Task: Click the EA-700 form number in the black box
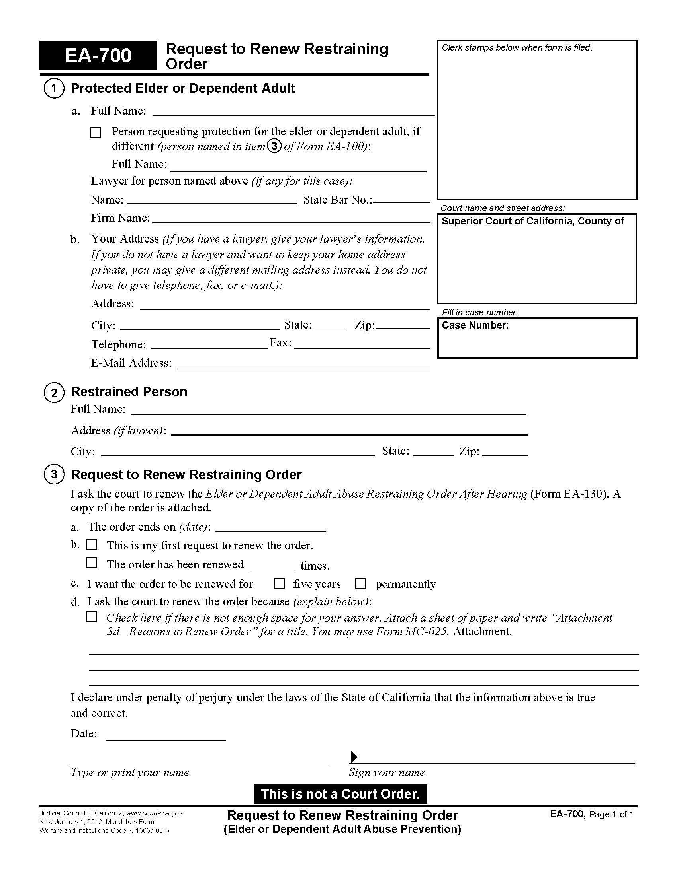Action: pos(98,56)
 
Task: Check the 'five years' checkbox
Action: pos(279,584)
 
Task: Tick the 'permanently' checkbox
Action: pos(360,584)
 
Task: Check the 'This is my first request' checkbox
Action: pos(92,545)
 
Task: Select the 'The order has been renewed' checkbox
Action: pos(92,563)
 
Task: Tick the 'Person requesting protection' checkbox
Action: pos(96,132)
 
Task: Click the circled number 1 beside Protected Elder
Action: pos(54,89)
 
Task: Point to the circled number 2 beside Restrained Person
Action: pos(54,392)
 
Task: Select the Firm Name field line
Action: pos(291,219)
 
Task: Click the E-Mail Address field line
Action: pos(303,365)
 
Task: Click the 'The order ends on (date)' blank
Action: pos(271,528)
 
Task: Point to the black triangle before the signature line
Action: pos(354,757)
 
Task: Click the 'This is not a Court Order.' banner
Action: pos(340,794)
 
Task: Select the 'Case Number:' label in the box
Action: pos(475,325)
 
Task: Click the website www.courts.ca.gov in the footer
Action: pos(154,813)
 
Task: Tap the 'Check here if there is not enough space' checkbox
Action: pos(92,616)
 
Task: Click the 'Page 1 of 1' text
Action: pos(611,814)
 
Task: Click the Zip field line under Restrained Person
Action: pos(505,453)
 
